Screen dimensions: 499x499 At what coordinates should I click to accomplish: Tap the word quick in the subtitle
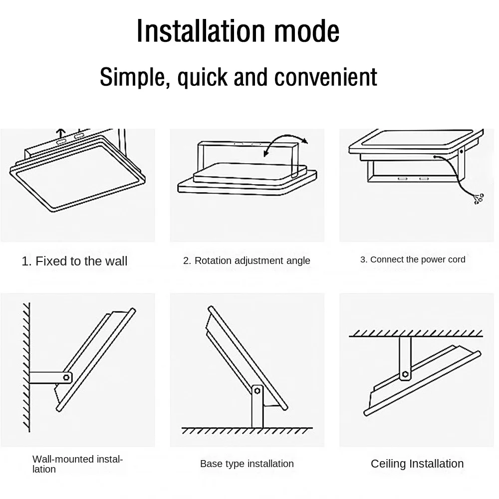(200, 77)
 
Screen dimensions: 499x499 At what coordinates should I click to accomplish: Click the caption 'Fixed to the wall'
(75, 261)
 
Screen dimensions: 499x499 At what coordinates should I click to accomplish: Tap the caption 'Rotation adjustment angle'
(247, 260)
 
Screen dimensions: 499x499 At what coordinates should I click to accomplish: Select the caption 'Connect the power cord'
(413, 259)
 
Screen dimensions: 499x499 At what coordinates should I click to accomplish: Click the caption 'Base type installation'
(247, 464)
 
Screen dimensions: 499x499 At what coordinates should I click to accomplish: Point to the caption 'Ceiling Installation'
(417, 464)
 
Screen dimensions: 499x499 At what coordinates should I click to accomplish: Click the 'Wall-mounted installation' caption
(77, 464)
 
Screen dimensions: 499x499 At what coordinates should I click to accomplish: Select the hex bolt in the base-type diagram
(257, 391)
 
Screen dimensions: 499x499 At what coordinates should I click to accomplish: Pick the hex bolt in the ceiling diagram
(405, 374)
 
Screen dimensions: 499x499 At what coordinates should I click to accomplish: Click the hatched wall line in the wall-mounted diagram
(26, 367)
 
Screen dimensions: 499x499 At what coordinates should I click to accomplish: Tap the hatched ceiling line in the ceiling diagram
(416, 334)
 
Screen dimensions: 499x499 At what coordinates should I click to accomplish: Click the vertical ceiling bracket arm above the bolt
(405, 352)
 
